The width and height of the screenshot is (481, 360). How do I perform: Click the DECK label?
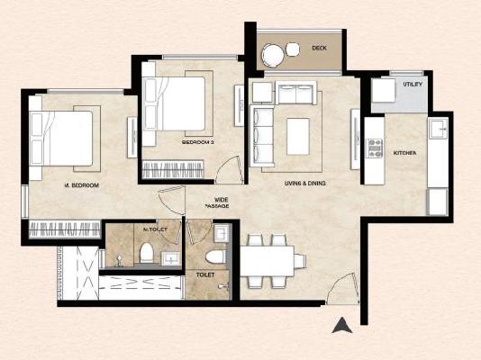click(x=319, y=48)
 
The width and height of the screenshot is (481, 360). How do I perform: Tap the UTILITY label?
click(x=413, y=84)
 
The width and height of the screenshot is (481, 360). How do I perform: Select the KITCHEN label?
click(x=405, y=154)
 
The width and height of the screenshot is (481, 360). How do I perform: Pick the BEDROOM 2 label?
click(x=198, y=142)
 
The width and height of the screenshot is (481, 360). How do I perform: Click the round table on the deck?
click(x=273, y=56)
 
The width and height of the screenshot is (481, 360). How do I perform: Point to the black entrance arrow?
click(x=341, y=326)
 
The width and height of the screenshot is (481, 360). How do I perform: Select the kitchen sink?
click(x=438, y=130)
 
